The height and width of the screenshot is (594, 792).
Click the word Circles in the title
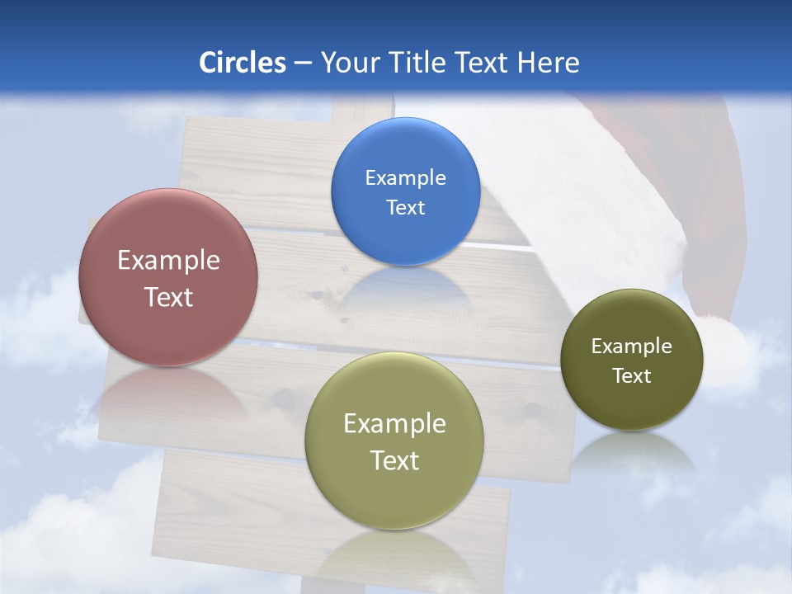(x=242, y=63)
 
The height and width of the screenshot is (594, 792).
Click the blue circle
(x=405, y=191)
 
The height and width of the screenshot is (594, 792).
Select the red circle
(x=168, y=277)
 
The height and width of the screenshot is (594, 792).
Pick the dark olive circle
(x=632, y=360)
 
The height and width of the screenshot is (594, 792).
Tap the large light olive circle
(x=394, y=441)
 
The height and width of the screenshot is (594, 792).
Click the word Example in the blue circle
(x=405, y=177)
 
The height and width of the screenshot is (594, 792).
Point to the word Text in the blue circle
(x=405, y=207)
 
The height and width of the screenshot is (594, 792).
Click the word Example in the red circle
(x=168, y=261)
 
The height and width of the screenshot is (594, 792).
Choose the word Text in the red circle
(x=168, y=297)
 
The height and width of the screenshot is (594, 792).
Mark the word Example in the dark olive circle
(x=632, y=346)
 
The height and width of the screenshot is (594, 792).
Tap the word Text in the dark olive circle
(x=632, y=375)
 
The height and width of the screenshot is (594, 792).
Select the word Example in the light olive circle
(x=394, y=424)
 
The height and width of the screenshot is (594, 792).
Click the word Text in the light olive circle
(x=394, y=460)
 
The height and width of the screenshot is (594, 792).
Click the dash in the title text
(x=302, y=64)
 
